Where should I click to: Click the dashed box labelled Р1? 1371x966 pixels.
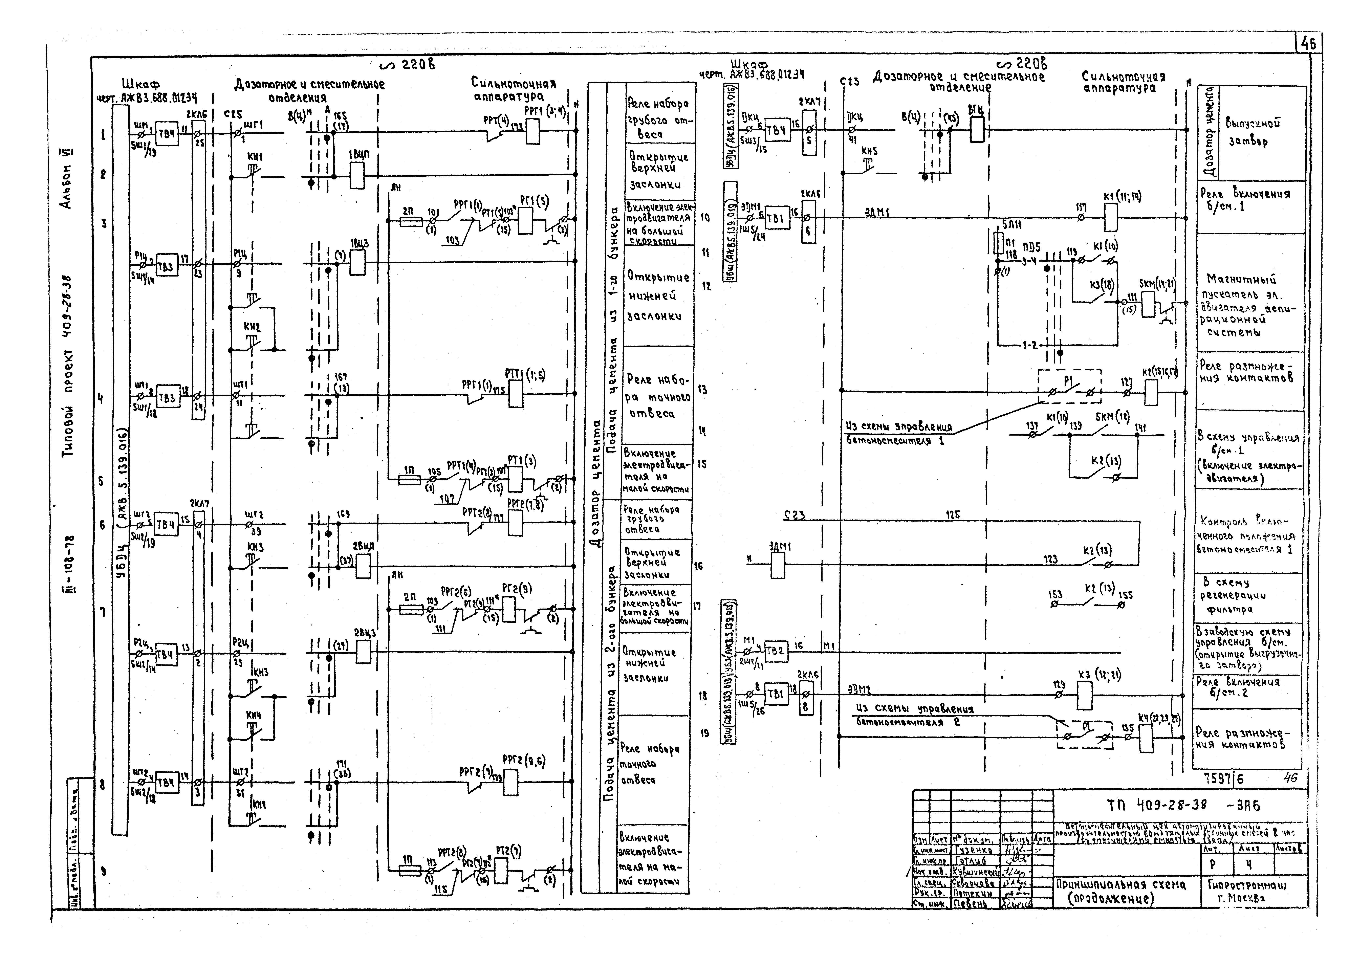pos(1069,386)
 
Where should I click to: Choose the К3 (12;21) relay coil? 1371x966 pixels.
pos(1085,696)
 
